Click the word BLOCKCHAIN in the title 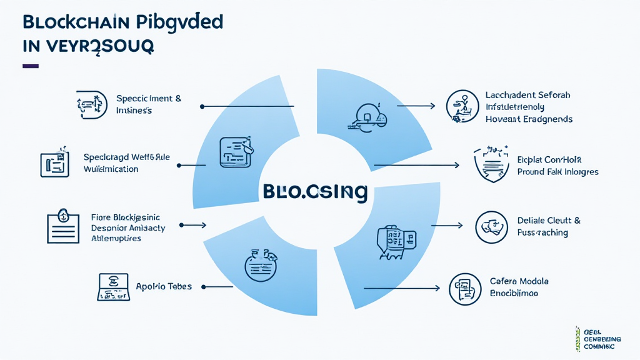click(x=76, y=22)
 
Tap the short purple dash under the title click(x=31, y=66)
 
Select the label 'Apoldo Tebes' click(x=164, y=286)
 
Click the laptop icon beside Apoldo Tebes click(x=114, y=286)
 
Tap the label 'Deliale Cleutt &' click(x=549, y=220)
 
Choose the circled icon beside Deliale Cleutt click(x=491, y=227)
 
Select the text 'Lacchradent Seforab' click(x=527, y=95)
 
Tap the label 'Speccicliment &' click(x=149, y=98)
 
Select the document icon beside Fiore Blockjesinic click(x=64, y=227)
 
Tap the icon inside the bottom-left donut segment click(x=261, y=264)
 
